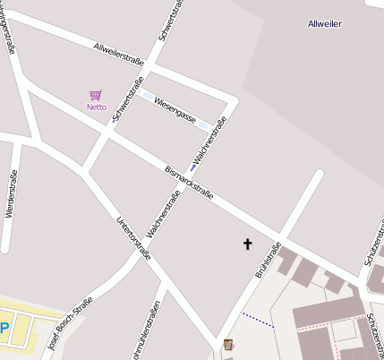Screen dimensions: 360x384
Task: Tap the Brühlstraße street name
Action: click(x=268, y=259)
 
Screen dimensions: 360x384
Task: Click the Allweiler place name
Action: click(x=324, y=23)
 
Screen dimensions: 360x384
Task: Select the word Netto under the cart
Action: click(x=96, y=107)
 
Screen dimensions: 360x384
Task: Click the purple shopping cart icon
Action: click(x=96, y=95)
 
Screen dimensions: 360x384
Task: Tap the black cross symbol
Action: click(x=248, y=243)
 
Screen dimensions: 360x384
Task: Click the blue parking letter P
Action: click(x=4, y=328)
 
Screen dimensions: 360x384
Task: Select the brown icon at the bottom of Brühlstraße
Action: click(x=228, y=344)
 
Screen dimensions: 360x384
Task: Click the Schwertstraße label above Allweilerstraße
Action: click(x=170, y=20)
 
